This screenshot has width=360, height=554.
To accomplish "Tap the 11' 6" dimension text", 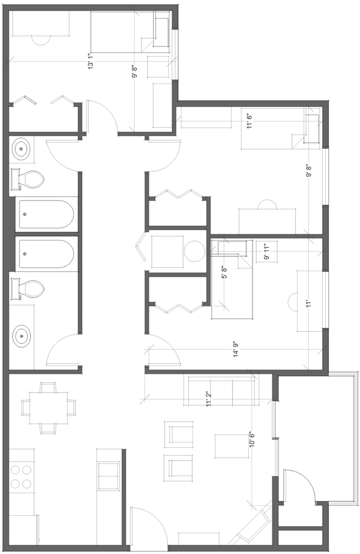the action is pyautogui.click(x=250, y=120).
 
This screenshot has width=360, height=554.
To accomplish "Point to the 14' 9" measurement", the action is pyautogui.click(x=236, y=349).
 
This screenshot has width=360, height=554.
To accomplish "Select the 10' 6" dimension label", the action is pyautogui.click(x=252, y=439).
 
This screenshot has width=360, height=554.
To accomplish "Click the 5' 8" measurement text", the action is pyautogui.click(x=223, y=272).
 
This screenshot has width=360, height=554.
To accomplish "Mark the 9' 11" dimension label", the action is pyautogui.click(x=267, y=251).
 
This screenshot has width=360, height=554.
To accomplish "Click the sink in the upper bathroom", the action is pyautogui.click(x=21, y=150).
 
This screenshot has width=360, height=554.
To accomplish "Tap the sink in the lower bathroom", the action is pyautogui.click(x=21, y=335).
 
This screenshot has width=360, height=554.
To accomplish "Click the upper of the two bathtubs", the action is pyautogui.click(x=46, y=214).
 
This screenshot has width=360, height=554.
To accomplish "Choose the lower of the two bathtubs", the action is pyautogui.click(x=46, y=254).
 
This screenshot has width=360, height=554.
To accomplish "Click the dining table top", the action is pyautogui.click(x=48, y=408).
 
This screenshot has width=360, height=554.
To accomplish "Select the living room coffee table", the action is pyautogui.click(x=227, y=446).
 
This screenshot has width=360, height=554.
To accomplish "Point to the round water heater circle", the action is pyautogui.click(x=194, y=251).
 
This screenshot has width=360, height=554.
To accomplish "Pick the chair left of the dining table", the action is pyautogui.click(x=25, y=408).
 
